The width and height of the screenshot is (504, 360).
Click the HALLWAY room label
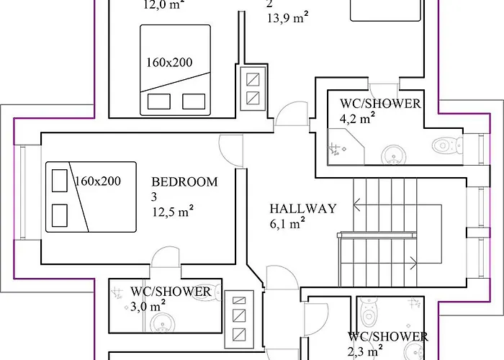303,209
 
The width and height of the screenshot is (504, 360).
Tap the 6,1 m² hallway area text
287,223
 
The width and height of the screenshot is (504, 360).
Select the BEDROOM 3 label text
184,189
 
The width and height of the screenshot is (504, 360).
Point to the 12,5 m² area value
173,211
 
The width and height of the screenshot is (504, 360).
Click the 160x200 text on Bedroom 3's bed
98,181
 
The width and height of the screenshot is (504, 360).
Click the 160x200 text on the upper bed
169,63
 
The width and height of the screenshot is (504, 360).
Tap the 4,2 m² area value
357,118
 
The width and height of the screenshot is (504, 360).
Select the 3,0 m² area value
148,306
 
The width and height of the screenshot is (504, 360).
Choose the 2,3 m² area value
365,351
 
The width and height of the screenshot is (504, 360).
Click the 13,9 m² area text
288,17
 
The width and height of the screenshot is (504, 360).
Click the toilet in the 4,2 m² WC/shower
447,145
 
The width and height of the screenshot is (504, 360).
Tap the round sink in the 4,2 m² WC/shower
393,155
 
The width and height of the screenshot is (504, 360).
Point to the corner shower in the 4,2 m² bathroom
345,147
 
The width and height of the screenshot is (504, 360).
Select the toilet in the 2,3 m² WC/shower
369,312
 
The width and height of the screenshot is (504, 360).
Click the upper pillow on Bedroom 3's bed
60,181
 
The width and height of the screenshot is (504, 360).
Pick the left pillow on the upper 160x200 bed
159,102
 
